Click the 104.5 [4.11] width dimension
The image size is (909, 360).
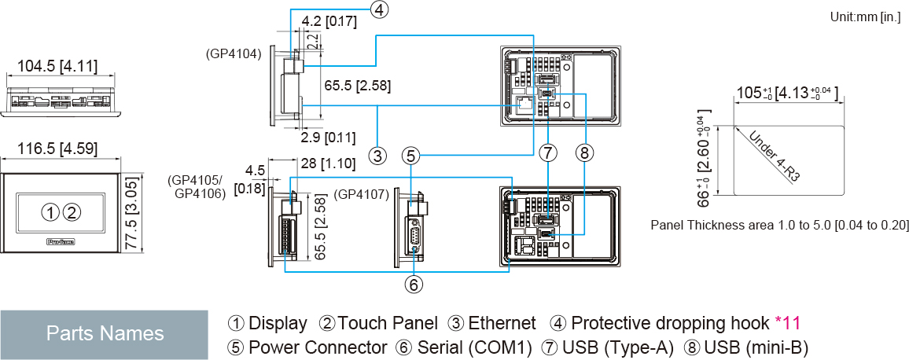pyautogui.click(x=52, y=67)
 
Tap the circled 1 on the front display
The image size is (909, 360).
pyautogui.click(x=50, y=211)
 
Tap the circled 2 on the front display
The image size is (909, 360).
pyautogui.click(x=72, y=211)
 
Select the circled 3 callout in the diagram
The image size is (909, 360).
pyautogui.click(x=378, y=155)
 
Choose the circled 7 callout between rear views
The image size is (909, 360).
pyautogui.click(x=548, y=152)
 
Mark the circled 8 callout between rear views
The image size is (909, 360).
pyautogui.click(x=583, y=152)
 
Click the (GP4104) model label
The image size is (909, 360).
pyautogui.click(x=234, y=54)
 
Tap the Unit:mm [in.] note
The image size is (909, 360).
pyautogui.click(x=866, y=17)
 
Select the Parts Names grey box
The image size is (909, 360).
pyautogui.click(x=105, y=333)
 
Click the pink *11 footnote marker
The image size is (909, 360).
pyautogui.click(x=787, y=323)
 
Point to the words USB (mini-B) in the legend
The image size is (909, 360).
pyautogui.click(x=756, y=347)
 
